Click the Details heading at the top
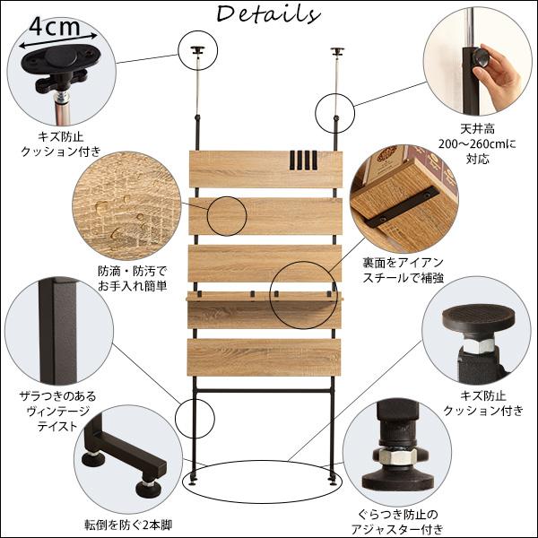(x=268, y=15)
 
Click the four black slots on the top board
(x=304, y=162)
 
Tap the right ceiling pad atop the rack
(x=338, y=49)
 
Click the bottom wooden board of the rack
(x=265, y=356)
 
